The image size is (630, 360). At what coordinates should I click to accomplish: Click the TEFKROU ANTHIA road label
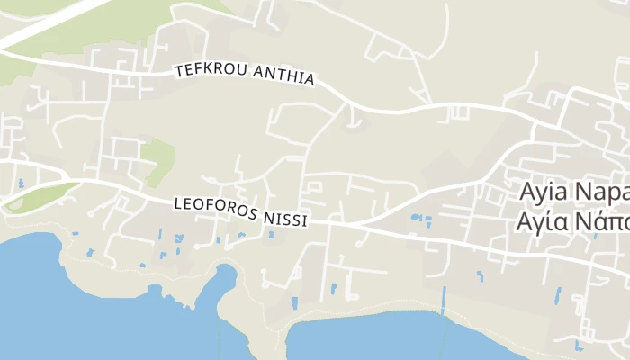[245, 75]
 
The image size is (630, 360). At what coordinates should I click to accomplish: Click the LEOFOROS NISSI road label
[240, 211]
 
